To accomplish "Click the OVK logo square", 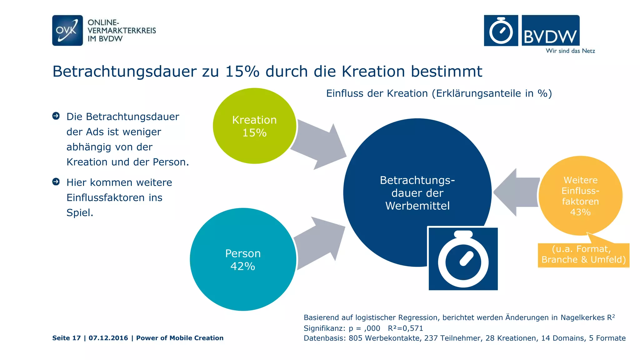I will tap(67, 31).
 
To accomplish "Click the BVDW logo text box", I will tap(551, 31).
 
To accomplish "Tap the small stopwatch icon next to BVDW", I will tap(501, 31).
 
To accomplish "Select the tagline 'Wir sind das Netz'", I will tap(570, 51).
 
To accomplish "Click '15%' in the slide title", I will tap(242, 72).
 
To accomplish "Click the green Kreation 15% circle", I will tap(254, 126).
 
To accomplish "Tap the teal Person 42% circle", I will tap(243, 259).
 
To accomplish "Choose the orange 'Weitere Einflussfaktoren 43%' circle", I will tap(580, 196).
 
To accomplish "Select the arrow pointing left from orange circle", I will tap(517, 192).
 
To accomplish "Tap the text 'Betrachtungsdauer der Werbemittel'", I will tap(417, 193).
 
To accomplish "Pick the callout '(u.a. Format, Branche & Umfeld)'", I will tap(583, 254).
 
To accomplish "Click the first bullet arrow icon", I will tap(56, 116).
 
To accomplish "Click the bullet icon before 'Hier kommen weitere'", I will tap(56, 182).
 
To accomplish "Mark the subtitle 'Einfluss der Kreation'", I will tap(377, 93).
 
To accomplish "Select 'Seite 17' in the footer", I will tap(66, 338).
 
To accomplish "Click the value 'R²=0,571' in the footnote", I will tap(405, 328).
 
